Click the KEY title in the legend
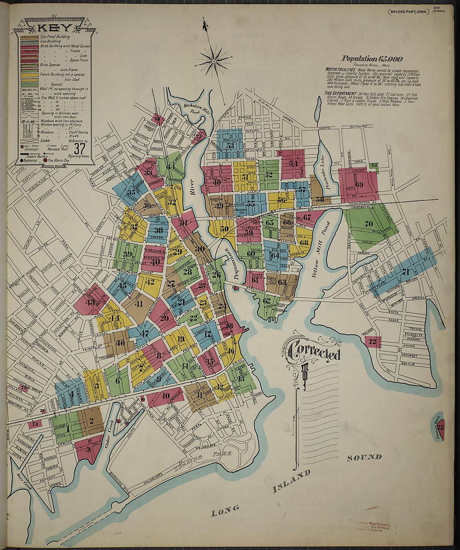tap(49, 28)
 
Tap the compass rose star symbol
tap(214, 61)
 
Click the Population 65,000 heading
tap(372, 59)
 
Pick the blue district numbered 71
tap(405, 272)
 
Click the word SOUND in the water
tap(364, 457)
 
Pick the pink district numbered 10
tap(166, 396)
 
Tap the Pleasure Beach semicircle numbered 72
tap(439, 427)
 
